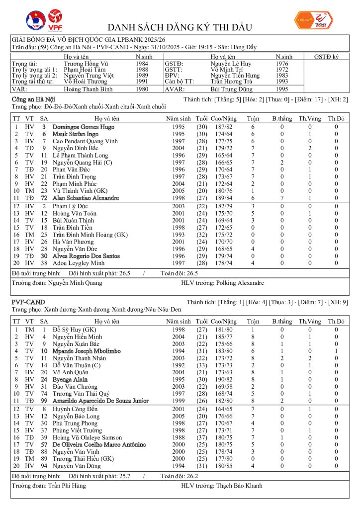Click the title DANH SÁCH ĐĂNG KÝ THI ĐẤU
[x=180, y=27]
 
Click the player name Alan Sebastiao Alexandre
[x=86, y=198]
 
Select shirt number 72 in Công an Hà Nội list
[x=44, y=198]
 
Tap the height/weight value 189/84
[x=222, y=198]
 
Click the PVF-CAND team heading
[x=28, y=302]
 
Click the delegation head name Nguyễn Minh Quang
[x=75, y=283]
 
